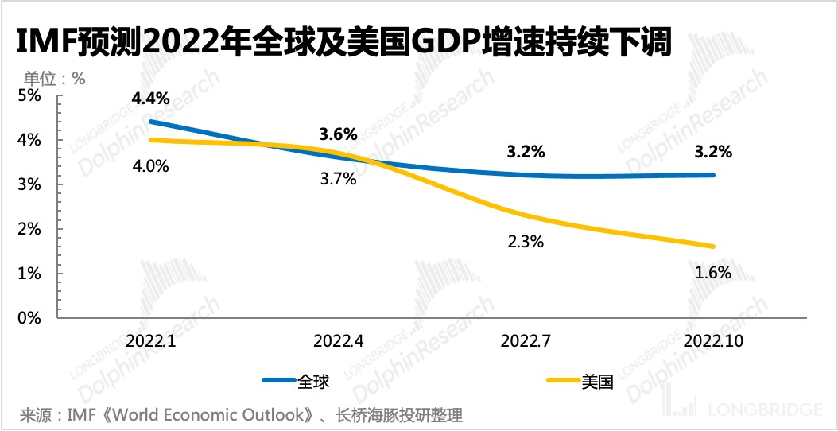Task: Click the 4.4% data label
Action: click(x=150, y=99)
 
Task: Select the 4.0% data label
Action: click(x=150, y=167)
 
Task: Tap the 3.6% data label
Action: click(x=338, y=134)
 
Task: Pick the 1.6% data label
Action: click(x=713, y=272)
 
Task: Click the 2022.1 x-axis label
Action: click(x=150, y=340)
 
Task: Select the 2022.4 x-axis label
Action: click(x=338, y=340)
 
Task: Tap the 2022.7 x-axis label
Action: click(x=526, y=340)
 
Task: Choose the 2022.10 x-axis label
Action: click(x=713, y=340)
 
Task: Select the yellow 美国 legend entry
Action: click(x=581, y=381)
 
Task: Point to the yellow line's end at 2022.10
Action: click(x=713, y=246)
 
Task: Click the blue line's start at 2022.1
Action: click(x=150, y=122)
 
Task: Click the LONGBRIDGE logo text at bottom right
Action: click(x=762, y=410)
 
